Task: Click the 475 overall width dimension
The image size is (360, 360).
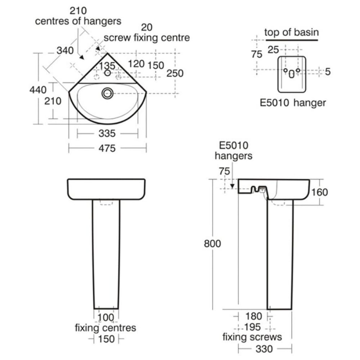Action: [107, 148]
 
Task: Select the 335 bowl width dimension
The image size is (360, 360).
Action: [107, 134]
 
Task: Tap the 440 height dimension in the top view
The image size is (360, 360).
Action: [38, 89]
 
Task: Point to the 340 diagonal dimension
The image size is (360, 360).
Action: [65, 50]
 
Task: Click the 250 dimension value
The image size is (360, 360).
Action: [175, 73]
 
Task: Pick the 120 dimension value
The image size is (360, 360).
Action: [136, 64]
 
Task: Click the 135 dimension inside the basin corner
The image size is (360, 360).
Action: [107, 66]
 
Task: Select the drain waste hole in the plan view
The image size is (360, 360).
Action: [107, 93]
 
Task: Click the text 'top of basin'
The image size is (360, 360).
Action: [291, 32]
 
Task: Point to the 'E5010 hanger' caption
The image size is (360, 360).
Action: [293, 103]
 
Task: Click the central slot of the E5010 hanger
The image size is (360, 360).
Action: [292, 74]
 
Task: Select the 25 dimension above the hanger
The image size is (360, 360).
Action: [273, 50]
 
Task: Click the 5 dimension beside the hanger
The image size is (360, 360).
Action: [327, 72]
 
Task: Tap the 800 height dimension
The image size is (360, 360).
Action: [212, 243]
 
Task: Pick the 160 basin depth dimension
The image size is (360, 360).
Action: [320, 192]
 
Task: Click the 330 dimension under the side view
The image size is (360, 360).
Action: [264, 349]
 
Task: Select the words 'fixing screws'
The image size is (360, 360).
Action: [252, 337]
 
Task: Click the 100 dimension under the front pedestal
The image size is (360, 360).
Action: [106, 318]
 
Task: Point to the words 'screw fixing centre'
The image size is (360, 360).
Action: [147, 38]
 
